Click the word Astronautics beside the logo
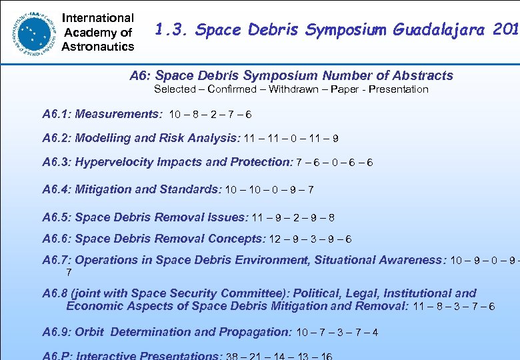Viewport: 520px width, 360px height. (x=97, y=46)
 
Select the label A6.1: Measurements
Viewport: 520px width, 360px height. (x=102, y=114)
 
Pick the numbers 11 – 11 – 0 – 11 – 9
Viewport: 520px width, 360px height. (x=291, y=139)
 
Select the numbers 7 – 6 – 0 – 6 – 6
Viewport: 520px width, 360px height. (x=344, y=163)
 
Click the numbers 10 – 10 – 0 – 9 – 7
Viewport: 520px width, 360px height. (x=269, y=190)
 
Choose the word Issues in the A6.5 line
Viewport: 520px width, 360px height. (x=226, y=217)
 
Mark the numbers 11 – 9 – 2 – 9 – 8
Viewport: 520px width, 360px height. (x=293, y=218)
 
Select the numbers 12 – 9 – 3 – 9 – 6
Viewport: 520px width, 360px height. (x=310, y=239)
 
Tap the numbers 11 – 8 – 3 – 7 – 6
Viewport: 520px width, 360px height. (x=454, y=307)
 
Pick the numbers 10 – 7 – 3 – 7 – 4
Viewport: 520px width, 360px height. (x=337, y=332)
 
